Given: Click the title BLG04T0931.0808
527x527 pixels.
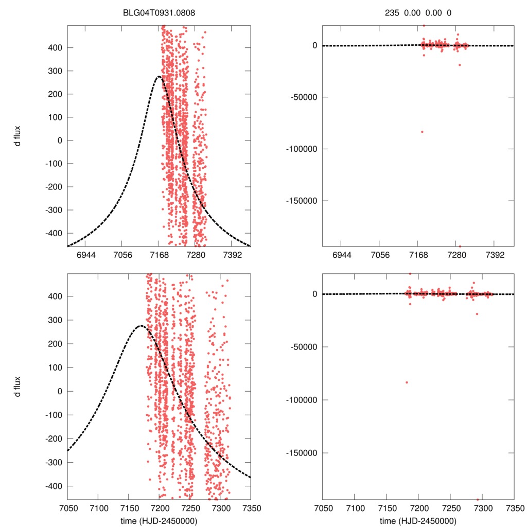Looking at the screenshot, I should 159,13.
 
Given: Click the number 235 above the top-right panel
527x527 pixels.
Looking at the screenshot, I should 392,13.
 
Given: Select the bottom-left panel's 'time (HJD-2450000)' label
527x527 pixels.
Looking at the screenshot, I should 159,520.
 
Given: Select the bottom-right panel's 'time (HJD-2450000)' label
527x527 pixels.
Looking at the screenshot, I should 418,520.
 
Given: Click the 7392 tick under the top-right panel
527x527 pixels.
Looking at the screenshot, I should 494,255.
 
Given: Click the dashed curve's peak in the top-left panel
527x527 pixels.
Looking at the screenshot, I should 159,77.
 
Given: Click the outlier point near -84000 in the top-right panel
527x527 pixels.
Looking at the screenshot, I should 422,132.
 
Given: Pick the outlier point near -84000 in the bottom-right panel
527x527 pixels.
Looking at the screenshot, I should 407,382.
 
